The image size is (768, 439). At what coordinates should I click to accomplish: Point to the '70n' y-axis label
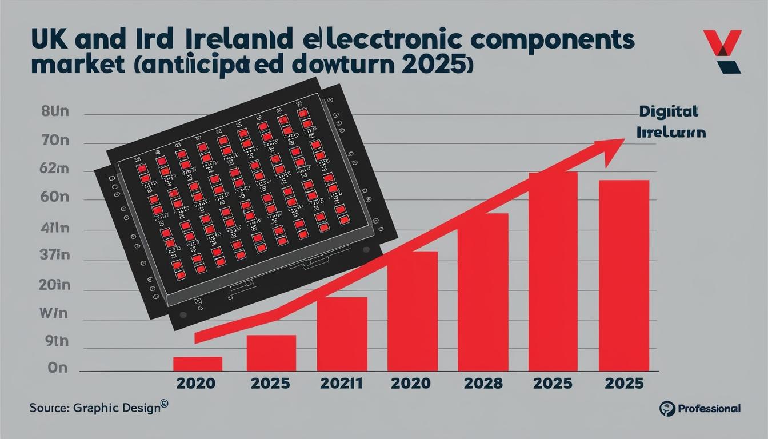pyautogui.click(x=55, y=141)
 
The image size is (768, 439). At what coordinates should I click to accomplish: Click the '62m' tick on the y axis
pyautogui.click(x=55, y=169)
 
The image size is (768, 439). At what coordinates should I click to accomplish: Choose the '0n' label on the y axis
pyautogui.click(x=57, y=368)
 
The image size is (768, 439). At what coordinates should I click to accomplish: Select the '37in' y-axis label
pyautogui.click(x=55, y=255)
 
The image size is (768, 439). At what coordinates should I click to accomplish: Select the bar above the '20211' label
pyautogui.click(x=342, y=334)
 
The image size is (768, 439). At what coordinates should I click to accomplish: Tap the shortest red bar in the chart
pyautogui.click(x=198, y=364)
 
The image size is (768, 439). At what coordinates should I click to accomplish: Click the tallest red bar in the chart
pyautogui.click(x=553, y=272)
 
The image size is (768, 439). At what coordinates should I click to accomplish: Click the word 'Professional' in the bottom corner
pyautogui.click(x=709, y=408)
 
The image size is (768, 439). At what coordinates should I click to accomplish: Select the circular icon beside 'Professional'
pyautogui.click(x=666, y=408)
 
